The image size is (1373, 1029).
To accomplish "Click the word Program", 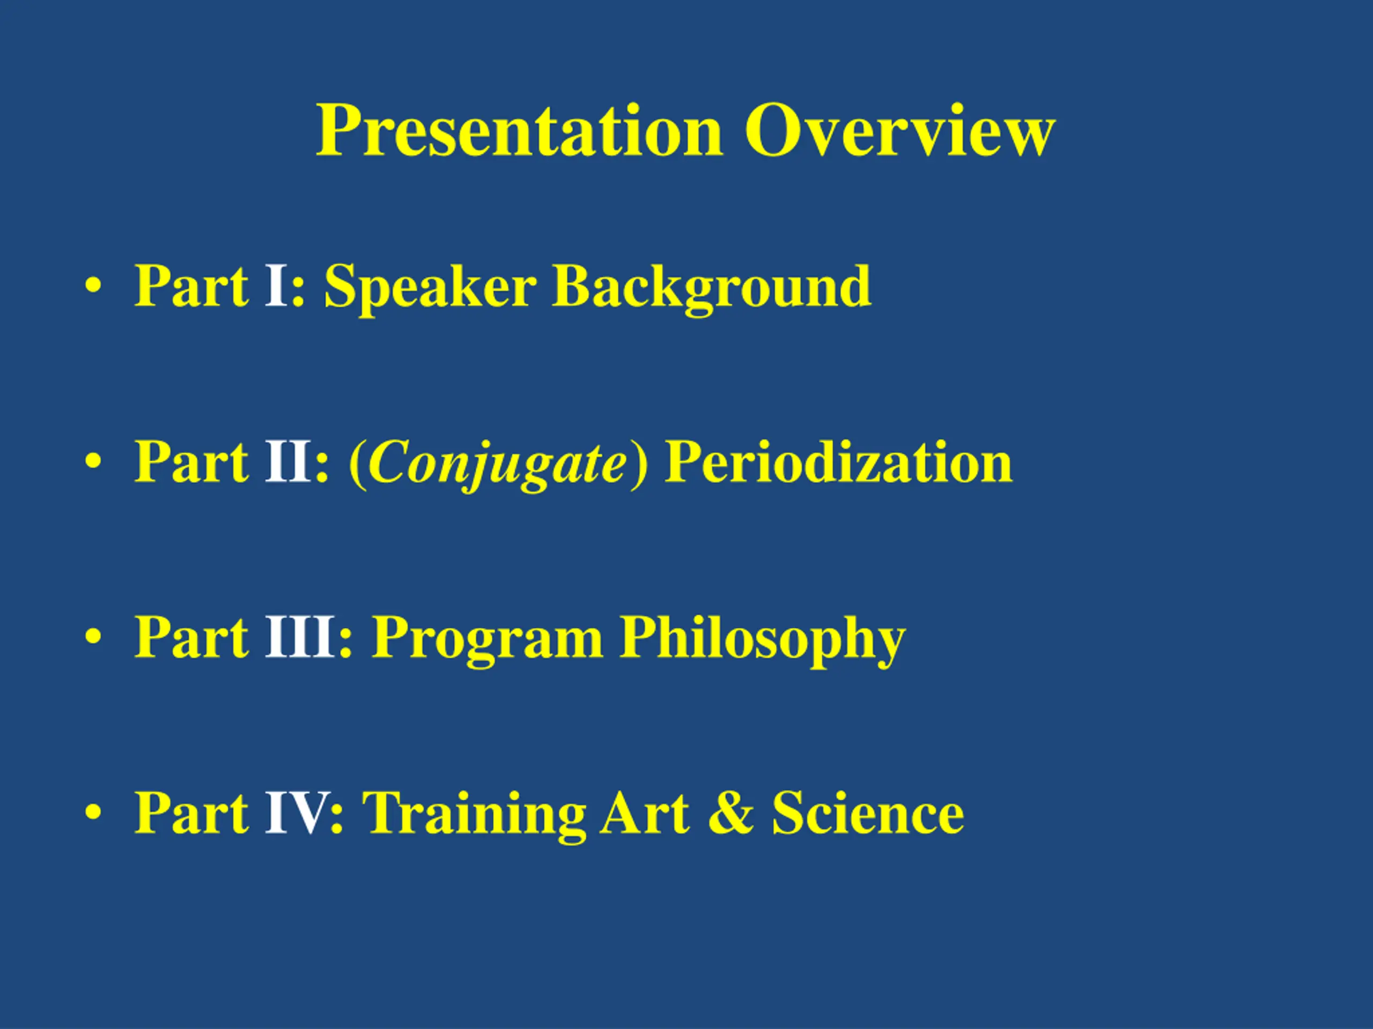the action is click(486, 639).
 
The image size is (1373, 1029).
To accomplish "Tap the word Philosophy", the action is click(762, 639).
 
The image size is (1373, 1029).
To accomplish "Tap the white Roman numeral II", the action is click(287, 461).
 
